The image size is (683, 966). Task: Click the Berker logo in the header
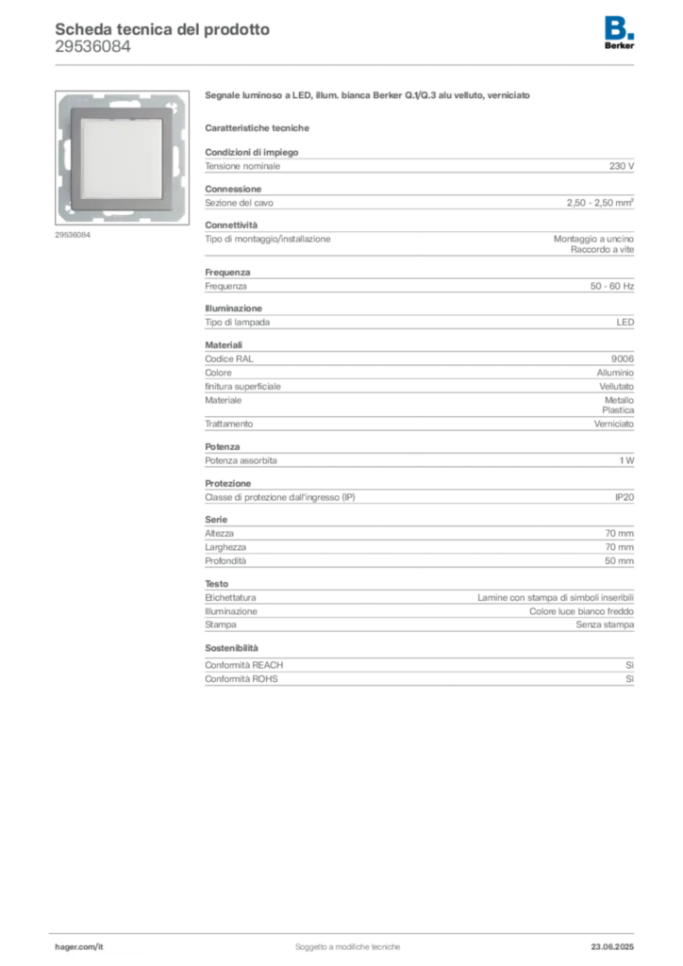(619, 33)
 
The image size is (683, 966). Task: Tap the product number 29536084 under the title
(93, 47)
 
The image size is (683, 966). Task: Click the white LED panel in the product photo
(122, 158)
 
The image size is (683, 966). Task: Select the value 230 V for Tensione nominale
(622, 166)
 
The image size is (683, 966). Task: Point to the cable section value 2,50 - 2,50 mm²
(601, 203)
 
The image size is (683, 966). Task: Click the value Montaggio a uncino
(593, 239)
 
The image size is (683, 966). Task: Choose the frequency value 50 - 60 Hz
(612, 287)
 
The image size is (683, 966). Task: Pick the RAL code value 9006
(623, 359)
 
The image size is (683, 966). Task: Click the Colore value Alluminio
(615, 373)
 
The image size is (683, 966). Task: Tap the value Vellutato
(616, 387)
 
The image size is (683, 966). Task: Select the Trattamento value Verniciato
(614, 424)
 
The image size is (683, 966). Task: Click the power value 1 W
(627, 460)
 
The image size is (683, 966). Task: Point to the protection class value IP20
(625, 497)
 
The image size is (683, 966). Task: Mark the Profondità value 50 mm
(619, 561)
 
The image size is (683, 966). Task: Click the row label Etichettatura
(230, 597)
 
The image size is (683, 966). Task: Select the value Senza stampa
(605, 625)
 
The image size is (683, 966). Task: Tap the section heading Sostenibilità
(231, 648)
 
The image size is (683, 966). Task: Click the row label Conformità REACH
(244, 665)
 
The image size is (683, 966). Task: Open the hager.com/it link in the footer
(79, 947)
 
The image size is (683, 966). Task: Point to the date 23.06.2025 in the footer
(612, 947)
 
